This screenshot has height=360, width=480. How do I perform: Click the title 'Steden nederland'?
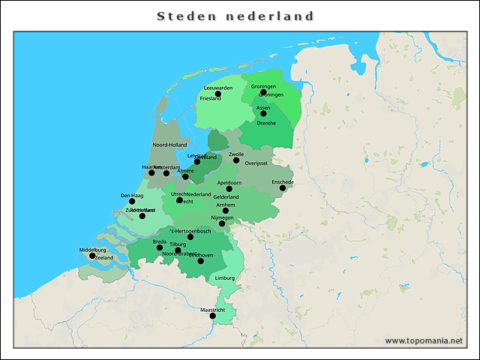pyautogui.click(x=235, y=16)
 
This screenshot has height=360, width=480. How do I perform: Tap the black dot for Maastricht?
pyautogui.click(x=212, y=316)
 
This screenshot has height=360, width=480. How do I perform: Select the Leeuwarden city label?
pyautogui.click(x=218, y=88)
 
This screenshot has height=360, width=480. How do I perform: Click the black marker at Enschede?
pyautogui.click(x=283, y=188)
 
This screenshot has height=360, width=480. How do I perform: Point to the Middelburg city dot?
pyautogui.click(x=92, y=256)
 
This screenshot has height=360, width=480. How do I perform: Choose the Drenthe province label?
pyautogui.click(x=266, y=123)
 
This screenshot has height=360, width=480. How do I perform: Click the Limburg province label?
pyautogui.click(x=225, y=278)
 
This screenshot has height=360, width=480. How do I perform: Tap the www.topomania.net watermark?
pyautogui.click(x=424, y=340)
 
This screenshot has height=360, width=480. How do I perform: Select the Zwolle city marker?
pyautogui.click(x=236, y=160)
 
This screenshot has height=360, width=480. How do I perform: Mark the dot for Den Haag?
pyautogui.click(x=132, y=201)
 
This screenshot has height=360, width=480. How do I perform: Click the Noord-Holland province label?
pyautogui.click(x=169, y=145)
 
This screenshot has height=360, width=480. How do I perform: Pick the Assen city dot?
pyautogui.click(x=263, y=114)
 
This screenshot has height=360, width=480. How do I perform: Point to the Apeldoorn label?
pyautogui.click(x=229, y=182)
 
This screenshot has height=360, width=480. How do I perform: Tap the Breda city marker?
pyautogui.click(x=160, y=247)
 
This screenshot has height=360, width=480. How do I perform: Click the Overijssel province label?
pyautogui.click(x=256, y=163)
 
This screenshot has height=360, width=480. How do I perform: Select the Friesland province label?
pyautogui.click(x=210, y=98)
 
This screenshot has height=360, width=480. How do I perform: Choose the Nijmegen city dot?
pyautogui.click(x=222, y=223)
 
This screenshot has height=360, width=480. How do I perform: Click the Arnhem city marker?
pyautogui.click(x=226, y=211)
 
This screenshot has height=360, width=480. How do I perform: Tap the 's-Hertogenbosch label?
pyautogui.click(x=191, y=231)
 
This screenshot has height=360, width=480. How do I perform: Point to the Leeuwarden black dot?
pyautogui.click(x=218, y=94)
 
